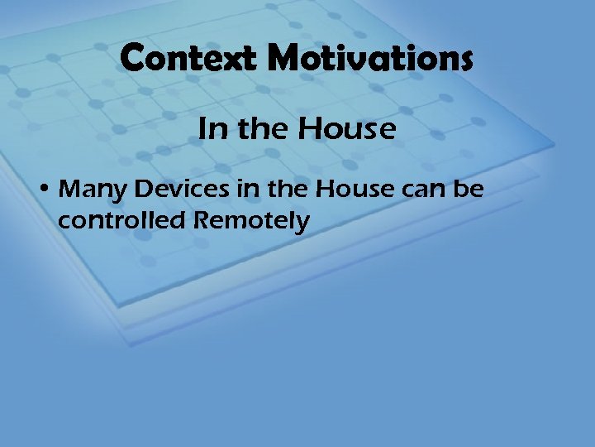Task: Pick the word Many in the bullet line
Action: (x=95, y=190)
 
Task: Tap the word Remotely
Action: (x=250, y=221)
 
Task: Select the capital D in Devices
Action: (x=145, y=190)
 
